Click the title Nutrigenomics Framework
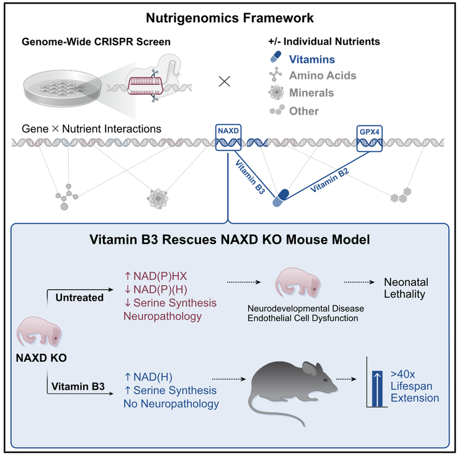[x=228, y=18]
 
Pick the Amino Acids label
[x=322, y=76]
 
